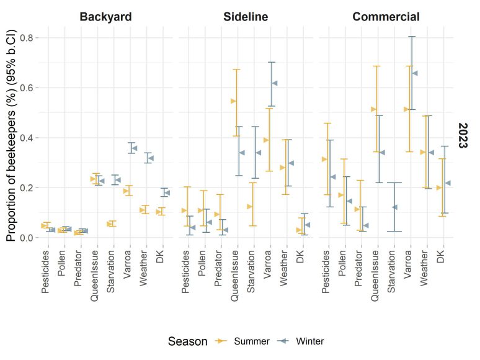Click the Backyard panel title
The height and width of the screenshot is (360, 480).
tap(105, 17)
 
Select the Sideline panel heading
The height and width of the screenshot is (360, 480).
tap(246, 17)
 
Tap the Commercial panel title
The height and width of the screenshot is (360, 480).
tap(386, 17)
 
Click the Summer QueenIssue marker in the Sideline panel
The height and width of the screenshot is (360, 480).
tap(233, 101)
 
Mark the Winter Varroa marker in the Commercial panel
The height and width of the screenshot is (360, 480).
tap(415, 73)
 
